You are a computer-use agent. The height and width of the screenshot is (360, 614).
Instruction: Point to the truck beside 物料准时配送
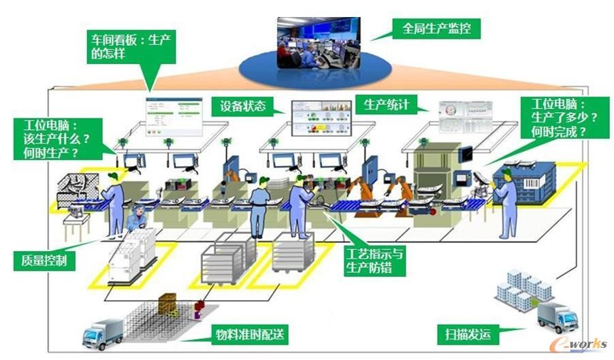[x=102, y=333]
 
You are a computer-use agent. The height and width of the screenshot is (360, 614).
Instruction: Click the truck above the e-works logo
[x=557, y=316]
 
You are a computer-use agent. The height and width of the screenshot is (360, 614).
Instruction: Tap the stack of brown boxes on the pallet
[x=168, y=304]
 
